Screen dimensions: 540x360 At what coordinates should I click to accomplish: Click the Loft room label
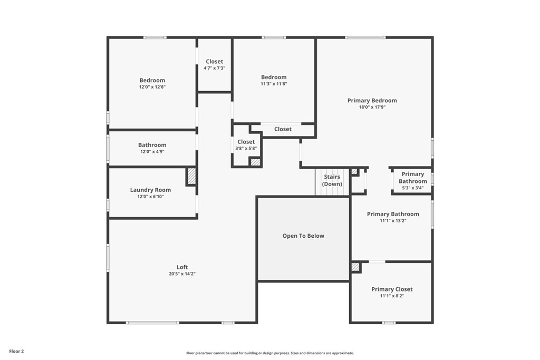click(x=182, y=267)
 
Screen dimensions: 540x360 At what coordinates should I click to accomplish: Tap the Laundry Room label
click(x=150, y=190)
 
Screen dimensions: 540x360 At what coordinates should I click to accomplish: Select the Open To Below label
click(x=303, y=236)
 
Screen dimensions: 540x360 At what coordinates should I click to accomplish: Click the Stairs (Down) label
click(x=332, y=180)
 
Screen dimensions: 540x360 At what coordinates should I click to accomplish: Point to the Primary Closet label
click(x=392, y=289)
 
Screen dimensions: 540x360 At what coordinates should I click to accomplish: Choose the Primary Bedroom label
click(x=372, y=101)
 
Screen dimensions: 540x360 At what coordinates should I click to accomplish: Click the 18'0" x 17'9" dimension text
click(x=372, y=107)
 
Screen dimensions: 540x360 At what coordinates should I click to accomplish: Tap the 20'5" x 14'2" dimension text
click(x=182, y=274)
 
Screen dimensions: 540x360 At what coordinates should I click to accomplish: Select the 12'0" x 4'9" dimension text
click(x=152, y=151)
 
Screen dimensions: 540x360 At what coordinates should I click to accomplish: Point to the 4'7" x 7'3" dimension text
click(x=214, y=68)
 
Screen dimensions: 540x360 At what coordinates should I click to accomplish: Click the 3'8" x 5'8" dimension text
click(x=246, y=148)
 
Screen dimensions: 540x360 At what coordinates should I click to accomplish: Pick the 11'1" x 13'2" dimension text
click(x=393, y=221)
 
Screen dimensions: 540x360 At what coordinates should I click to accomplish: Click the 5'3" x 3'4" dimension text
click(x=412, y=188)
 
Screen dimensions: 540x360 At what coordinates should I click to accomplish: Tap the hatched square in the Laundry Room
click(x=191, y=176)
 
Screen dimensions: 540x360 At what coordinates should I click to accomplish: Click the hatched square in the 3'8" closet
click(x=255, y=162)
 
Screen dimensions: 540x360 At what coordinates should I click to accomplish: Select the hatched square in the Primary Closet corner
click(x=355, y=267)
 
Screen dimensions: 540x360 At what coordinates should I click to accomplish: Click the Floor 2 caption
click(x=16, y=352)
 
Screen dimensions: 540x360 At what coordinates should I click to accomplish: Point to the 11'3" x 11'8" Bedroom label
click(x=274, y=77)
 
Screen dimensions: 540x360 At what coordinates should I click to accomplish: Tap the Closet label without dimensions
click(x=283, y=129)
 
